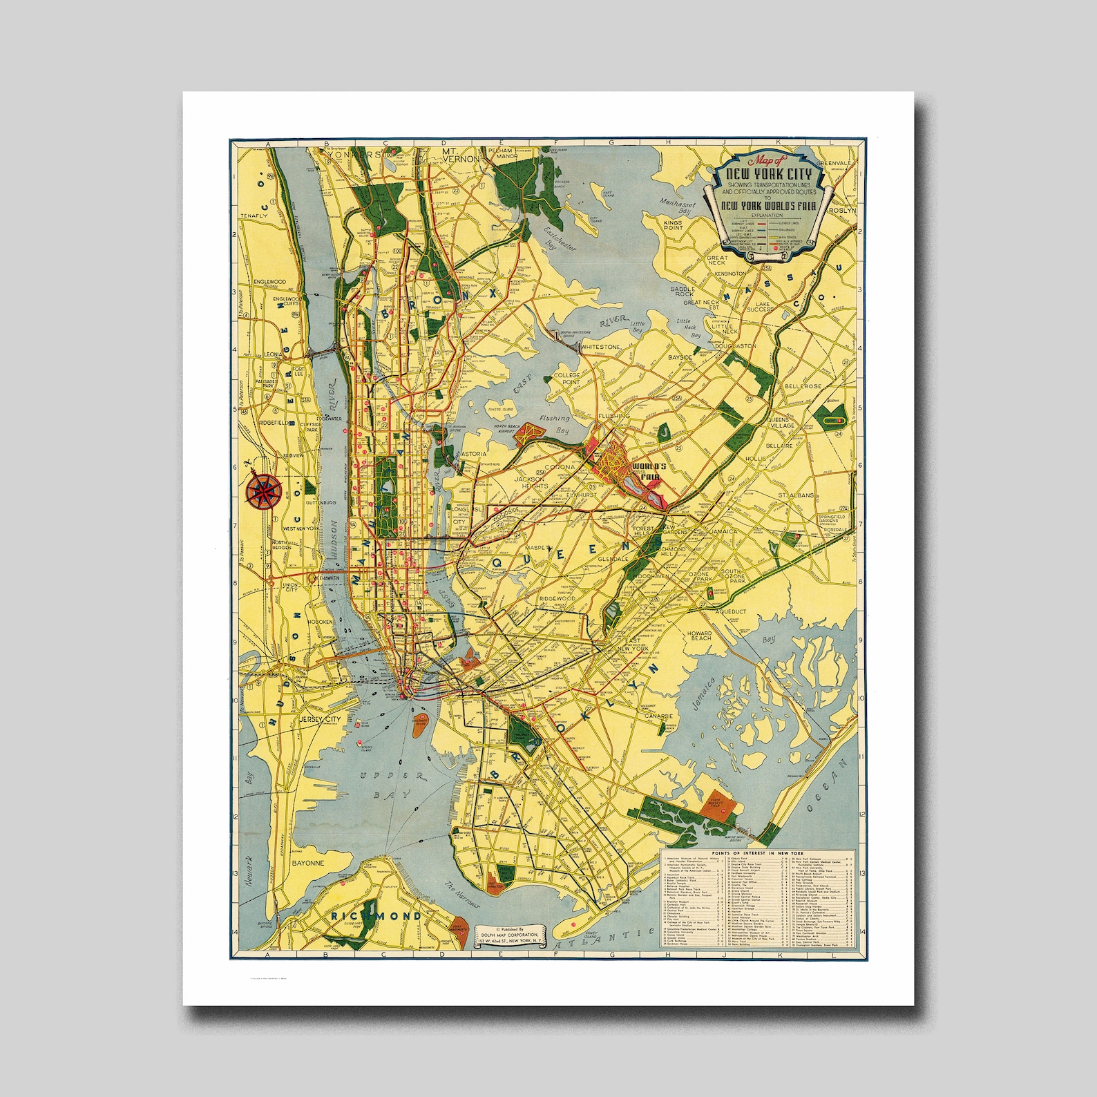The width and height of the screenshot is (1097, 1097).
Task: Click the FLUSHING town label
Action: [613, 417]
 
